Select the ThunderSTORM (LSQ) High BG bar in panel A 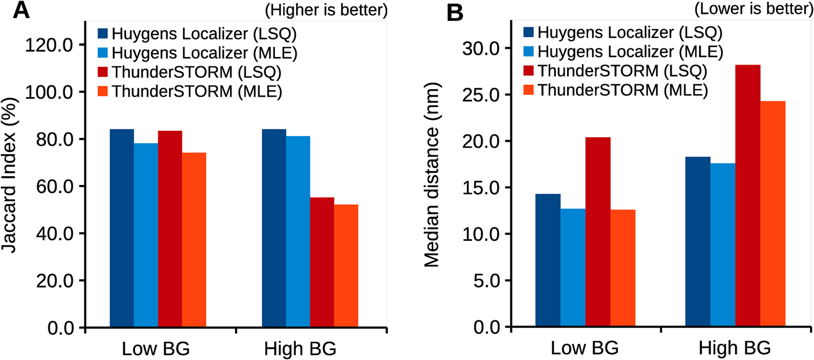[322, 263]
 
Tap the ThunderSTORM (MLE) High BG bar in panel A [346, 266]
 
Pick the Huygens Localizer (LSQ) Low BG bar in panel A [122, 229]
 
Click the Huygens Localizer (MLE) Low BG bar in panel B [573, 268]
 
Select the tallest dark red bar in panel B [748, 196]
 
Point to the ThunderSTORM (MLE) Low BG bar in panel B [623, 268]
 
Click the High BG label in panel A [300, 350]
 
